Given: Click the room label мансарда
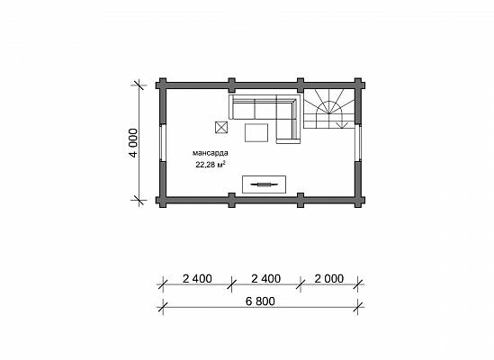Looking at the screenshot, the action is [211, 153].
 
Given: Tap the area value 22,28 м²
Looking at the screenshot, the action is [211, 164].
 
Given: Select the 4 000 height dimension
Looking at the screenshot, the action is [133, 143].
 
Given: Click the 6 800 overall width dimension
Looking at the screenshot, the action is [260, 301].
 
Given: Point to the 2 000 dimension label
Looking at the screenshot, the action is [329, 279].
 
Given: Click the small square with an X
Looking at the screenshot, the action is [221, 128].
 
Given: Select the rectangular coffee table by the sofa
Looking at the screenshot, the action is [256, 132].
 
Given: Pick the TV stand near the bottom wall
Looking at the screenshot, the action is [264, 184].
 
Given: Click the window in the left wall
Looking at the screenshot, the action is [162, 142].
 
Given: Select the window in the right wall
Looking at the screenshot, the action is [358, 142].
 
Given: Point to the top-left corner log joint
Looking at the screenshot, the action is [163, 85].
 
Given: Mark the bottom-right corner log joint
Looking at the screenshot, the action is [358, 200].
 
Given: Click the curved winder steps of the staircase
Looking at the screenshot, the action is [329, 107].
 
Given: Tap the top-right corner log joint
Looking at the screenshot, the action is [358, 85].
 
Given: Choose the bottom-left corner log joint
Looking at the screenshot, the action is [163, 200].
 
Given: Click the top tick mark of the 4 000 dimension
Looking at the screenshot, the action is [139, 85].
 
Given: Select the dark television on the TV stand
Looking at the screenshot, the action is [264, 184].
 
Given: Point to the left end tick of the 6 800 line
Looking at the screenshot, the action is [163, 307].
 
